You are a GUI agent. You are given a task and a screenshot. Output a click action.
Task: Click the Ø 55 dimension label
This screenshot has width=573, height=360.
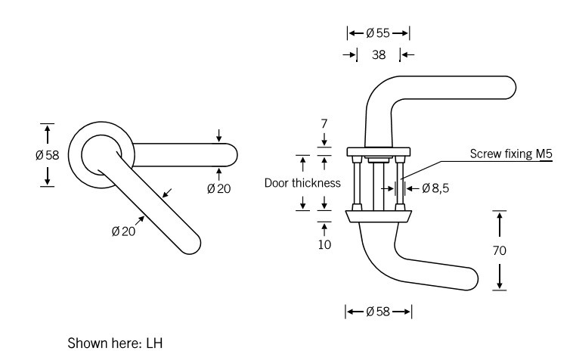pos(378,33)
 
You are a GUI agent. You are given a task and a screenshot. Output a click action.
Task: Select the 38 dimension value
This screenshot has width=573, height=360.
pos(379,54)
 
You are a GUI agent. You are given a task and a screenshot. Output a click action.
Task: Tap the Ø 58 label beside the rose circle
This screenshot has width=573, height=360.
pos(46,155)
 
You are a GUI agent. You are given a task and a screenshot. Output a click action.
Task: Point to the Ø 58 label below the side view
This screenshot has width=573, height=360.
pos(378,312)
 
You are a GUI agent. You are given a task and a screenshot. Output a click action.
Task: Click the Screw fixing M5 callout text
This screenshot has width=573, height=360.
pos(512,154)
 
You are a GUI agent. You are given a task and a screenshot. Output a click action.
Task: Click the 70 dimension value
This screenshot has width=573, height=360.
pos(499,250)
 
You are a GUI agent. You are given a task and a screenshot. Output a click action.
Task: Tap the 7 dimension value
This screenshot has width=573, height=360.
pos(324,123)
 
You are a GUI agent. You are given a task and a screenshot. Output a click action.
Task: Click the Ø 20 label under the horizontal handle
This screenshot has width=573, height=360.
pos(218,188)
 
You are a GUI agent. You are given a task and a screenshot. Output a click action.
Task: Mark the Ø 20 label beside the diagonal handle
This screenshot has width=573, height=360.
pos(123,231)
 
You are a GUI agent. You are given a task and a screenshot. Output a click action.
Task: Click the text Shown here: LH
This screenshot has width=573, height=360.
pos(116,343)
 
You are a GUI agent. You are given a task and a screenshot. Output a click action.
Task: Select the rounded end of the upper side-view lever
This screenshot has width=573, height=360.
pos(510,89)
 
